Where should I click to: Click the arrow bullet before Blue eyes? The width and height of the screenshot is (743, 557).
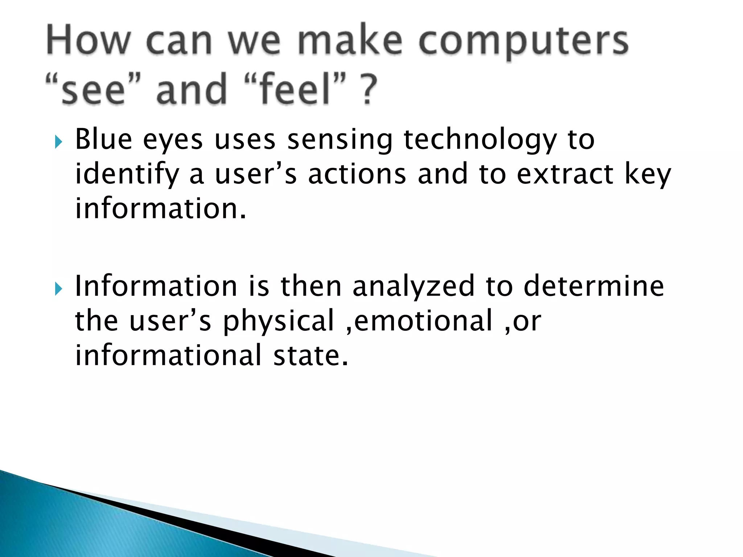point(58,142)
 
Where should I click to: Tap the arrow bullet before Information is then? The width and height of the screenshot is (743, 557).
point(58,289)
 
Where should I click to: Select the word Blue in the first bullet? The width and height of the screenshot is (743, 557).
point(103,139)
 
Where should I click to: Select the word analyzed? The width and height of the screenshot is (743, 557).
point(413,286)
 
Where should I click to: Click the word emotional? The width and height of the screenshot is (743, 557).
point(423,321)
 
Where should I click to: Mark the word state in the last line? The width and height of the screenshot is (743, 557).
point(310,355)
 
